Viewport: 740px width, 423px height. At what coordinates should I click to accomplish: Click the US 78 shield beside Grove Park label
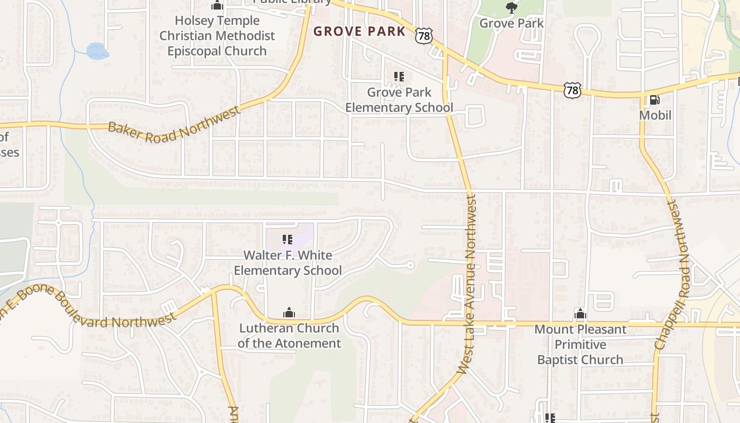coord(424,35)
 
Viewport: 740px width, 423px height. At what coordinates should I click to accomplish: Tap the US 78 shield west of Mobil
coord(572,90)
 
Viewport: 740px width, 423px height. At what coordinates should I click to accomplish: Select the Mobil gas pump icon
coord(654,100)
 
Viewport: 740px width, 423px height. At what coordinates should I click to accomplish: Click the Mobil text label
coord(655,115)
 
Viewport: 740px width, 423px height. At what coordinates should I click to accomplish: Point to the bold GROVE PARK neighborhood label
coord(359,31)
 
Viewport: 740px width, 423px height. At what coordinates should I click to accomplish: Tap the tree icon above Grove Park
coord(511,7)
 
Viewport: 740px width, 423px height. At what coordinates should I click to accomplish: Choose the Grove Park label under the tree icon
coord(511,23)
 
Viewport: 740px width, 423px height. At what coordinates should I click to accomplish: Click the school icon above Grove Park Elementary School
coord(399,77)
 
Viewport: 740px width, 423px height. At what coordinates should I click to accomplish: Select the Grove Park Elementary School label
coord(399,100)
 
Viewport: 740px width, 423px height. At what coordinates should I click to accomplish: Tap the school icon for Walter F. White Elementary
coord(288,240)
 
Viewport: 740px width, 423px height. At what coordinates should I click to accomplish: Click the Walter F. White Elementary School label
coord(288,263)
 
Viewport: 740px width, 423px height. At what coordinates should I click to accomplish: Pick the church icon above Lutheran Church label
coord(289,312)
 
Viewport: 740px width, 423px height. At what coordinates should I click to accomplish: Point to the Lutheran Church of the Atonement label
coord(289,335)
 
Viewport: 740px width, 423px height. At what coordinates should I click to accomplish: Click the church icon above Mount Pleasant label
coord(580,314)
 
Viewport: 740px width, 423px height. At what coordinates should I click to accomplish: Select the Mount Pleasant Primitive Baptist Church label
coord(580,344)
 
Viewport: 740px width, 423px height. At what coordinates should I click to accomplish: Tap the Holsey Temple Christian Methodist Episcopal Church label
coord(217,36)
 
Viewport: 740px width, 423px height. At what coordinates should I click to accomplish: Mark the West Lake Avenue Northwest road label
coord(468,284)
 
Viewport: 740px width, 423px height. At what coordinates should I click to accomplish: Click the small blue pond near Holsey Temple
coord(97,51)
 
